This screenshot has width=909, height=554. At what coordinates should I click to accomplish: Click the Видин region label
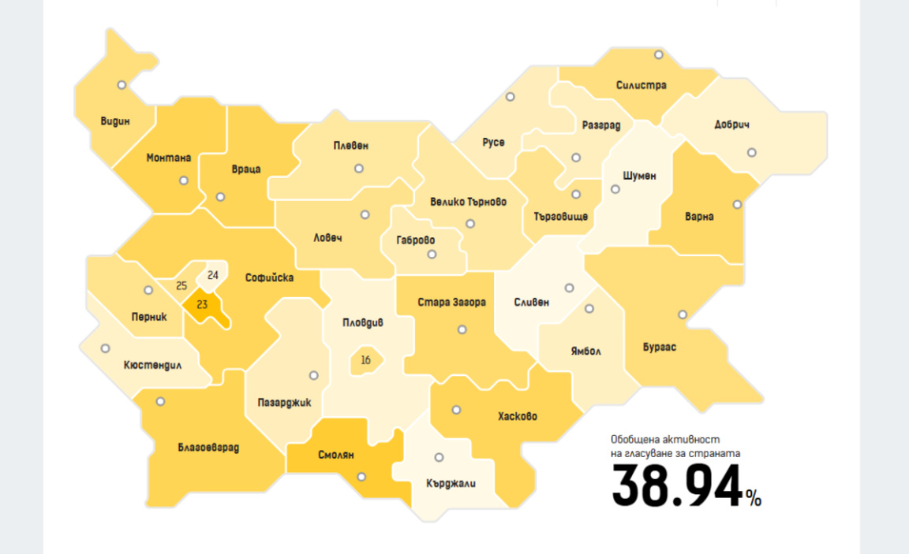point(115,121)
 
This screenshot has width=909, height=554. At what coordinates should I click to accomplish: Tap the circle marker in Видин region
point(122,85)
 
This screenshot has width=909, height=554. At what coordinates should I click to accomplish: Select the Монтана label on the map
point(169,158)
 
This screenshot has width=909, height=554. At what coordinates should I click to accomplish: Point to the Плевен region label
point(351,146)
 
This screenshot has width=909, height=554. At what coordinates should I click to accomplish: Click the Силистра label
point(642,85)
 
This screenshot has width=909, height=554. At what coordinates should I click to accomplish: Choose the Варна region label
point(699,217)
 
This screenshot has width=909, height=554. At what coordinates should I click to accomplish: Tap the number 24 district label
point(213,276)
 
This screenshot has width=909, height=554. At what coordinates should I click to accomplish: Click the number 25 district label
point(181,285)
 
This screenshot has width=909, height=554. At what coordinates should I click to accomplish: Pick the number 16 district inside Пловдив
point(365,361)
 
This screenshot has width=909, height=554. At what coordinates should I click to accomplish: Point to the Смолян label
point(336,455)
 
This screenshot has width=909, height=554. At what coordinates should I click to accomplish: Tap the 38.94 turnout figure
point(678,486)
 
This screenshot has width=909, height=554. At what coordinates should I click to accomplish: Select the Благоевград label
point(208,448)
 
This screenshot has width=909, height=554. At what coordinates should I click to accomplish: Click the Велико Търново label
point(469,202)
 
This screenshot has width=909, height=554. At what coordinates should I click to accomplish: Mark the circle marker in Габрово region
point(432,255)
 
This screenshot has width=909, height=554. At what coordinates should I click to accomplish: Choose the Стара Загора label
point(451,302)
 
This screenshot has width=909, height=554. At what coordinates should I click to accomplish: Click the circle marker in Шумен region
point(615,189)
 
